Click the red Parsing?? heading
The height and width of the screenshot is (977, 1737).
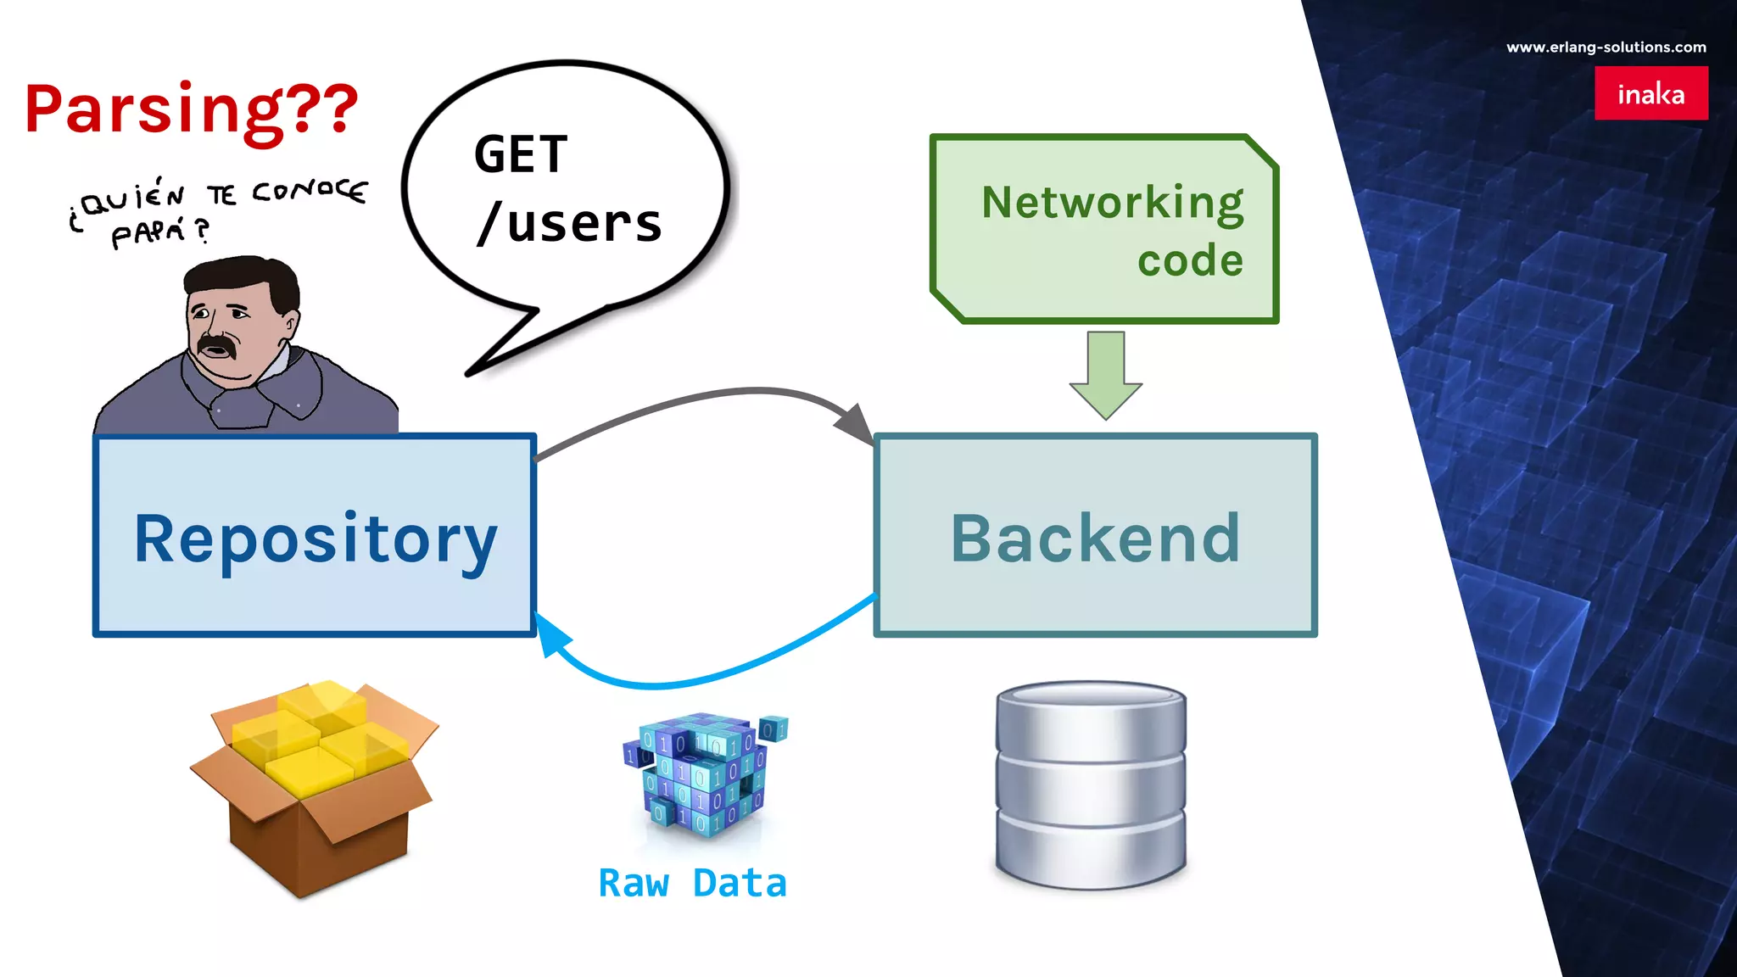click(192, 110)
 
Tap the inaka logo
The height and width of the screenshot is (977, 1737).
click(1650, 93)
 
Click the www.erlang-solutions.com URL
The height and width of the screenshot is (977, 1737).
click(1606, 47)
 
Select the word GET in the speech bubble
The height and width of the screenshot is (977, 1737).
click(520, 155)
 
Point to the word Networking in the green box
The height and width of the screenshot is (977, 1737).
click(1112, 203)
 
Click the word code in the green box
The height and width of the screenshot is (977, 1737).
click(1190, 260)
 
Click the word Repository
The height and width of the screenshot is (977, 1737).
click(315, 539)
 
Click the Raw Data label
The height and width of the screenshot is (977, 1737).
click(692, 883)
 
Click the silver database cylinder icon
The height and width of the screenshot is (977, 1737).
click(1091, 784)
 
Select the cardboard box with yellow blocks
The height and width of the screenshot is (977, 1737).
click(314, 784)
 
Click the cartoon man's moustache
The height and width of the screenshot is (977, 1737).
click(216, 344)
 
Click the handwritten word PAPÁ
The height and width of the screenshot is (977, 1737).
click(149, 232)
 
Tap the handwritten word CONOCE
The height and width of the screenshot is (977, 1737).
click(310, 193)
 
